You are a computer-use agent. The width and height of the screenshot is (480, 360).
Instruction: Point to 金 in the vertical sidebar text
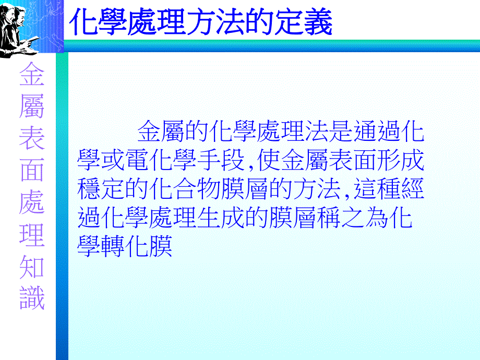(x=32, y=76)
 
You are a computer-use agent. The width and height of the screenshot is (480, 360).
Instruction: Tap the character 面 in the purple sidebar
(x=32, y=170)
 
